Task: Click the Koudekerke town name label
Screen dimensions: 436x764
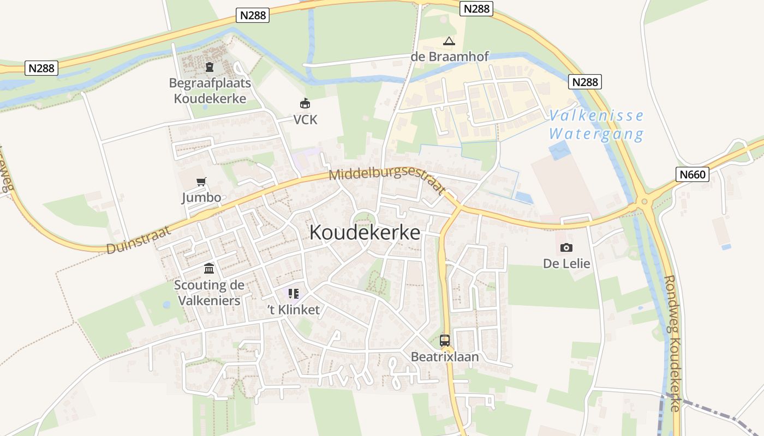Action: pos(365,233)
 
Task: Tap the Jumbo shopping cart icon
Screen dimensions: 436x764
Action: pos(202,181)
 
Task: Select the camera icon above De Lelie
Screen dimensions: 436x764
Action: pos(566,247)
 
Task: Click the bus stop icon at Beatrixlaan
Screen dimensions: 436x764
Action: pos(445,341)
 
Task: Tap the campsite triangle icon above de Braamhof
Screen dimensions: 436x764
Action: pos(449,41)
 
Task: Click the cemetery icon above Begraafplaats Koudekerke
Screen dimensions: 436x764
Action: pos(209,67)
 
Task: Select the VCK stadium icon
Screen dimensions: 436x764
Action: pos(305,103)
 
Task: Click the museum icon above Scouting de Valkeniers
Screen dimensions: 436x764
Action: pos(209,268)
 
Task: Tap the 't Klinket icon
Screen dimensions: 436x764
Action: pos(294,294)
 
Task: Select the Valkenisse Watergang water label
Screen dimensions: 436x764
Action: pos(596,125)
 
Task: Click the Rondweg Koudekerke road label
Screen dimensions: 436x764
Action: pos(673,343)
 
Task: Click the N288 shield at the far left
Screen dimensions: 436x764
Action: pos(41,68)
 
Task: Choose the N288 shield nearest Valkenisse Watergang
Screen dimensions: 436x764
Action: pos(585,82)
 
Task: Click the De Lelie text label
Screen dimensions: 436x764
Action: pos(566,264)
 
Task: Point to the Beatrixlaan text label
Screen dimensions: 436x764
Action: pos(445,357)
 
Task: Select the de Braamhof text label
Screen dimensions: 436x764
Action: pos(450,57)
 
